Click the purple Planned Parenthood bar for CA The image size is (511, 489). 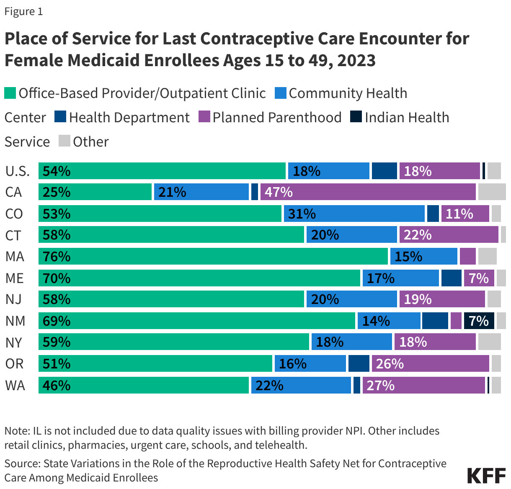(368, 192)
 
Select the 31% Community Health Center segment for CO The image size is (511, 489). (354, 214)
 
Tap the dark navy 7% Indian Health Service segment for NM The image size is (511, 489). (479, 321)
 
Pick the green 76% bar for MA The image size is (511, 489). (213, 256)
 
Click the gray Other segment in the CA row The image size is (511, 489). (491, 192)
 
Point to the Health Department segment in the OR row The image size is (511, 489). (359, 363)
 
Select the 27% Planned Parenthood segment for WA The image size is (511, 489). (423, 385)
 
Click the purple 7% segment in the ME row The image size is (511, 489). (479, 278)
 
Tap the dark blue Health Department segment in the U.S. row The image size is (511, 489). (384, 171)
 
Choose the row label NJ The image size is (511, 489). (13, 299)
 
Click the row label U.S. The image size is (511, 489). (17, 171)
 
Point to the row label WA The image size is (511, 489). (15, 385)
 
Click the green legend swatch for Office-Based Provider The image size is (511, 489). (10, 93)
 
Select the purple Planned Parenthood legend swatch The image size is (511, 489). (204, 117)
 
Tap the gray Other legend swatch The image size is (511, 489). (65, 141)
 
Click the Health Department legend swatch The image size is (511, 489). (60, 117)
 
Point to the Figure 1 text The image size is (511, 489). (23, 11)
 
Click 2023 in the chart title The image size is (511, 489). (356, 60)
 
